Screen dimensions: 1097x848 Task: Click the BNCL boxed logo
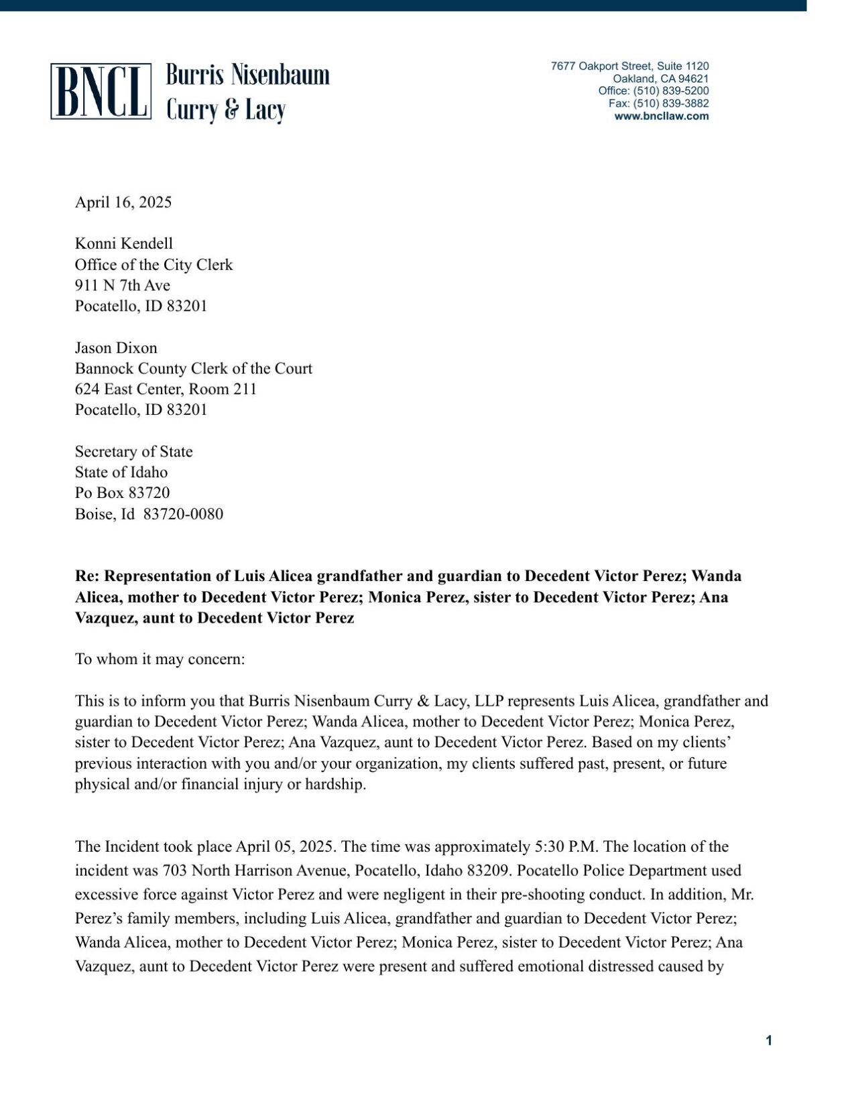(101, 92)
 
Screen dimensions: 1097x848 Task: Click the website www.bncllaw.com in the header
(661, 116)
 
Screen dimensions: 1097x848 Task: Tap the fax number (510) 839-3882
(670, 103)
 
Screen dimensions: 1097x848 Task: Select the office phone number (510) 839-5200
(670, 90)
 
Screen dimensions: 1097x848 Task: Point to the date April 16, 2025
(123, 202)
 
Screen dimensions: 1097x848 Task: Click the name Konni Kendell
(123, 243)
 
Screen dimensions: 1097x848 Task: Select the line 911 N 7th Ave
(122, 285)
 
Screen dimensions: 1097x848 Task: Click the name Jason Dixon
(116, 348)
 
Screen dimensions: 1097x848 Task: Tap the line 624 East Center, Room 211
(166, 389)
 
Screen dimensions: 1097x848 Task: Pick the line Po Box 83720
(122, 493)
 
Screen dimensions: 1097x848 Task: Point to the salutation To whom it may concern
(160, 659)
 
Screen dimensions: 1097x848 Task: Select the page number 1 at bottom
(769, 1041)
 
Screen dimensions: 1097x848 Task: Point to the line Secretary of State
(133, 452)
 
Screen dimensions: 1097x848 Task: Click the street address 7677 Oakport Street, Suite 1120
(629, 66)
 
